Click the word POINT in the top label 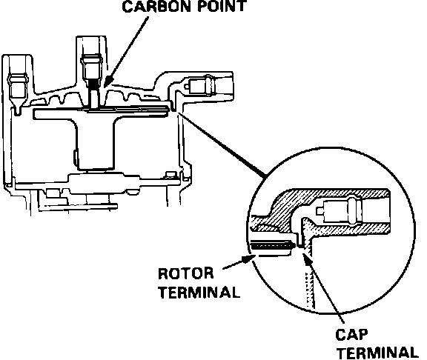(x=222, y=6)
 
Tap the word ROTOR (x=186, y=273)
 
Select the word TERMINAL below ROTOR (x=199, y=293)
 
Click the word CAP (x=351, y=334)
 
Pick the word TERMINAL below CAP (x=377, y=353)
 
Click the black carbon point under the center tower (x=94, y=84)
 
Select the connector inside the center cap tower (x=92, y=67)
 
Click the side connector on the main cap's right (x=199, y=85)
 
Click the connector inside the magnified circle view (x=340, y=210)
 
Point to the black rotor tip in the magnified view (x=273, y=246)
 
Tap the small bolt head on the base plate (x=171, y=175)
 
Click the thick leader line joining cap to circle (x=221, y=144)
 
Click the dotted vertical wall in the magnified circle (x=311, y=289)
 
